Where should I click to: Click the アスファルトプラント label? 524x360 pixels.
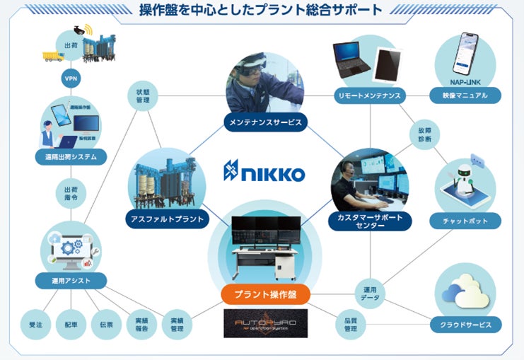coord(168,219)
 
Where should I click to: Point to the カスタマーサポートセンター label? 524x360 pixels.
coord(371,221)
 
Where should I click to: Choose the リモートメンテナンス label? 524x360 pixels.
coord(368,95)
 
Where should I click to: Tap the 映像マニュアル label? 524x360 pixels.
coord(465,95)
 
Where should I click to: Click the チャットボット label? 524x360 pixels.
coord(465,221)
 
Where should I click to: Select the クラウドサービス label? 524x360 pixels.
coord(465,325)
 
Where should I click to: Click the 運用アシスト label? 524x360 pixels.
coord(71,281)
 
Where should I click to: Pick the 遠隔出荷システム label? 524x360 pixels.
coord(71,156)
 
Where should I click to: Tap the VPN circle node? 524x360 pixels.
coord(71,78)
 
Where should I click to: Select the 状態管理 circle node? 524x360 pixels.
coord(143,96)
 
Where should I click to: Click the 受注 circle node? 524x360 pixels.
coord(33,324)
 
